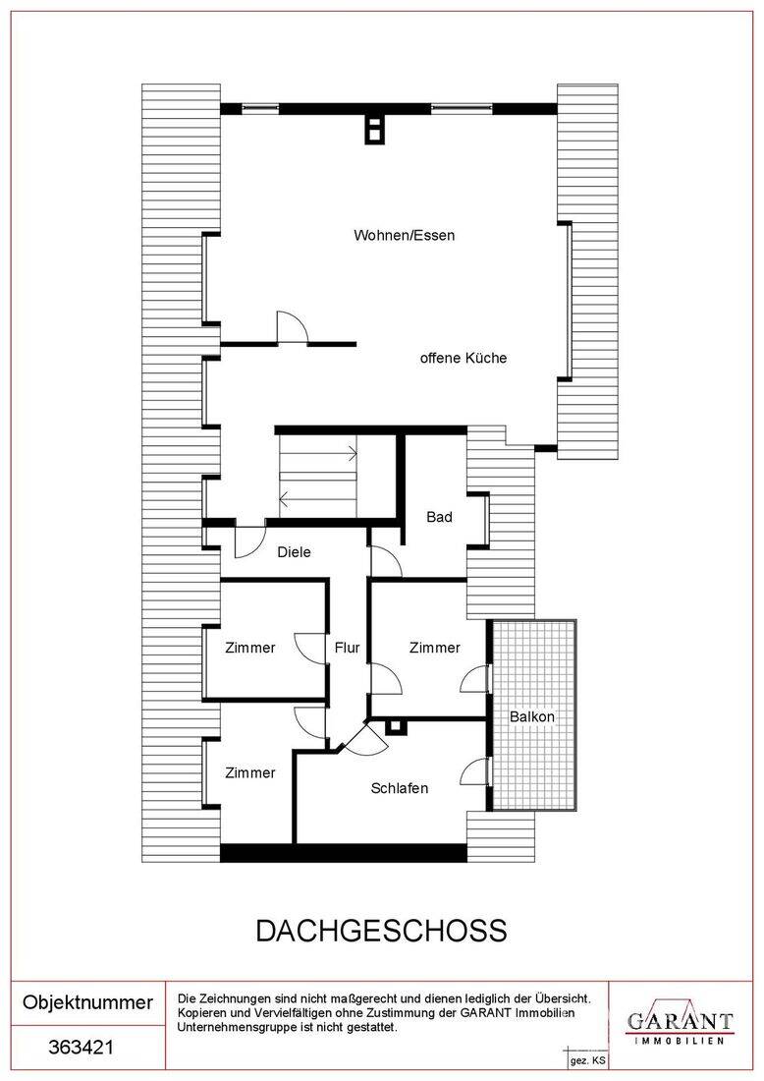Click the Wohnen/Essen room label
pyautogui.click(x=405, y=236)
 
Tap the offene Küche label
pyautogui.click(x=463, y=358)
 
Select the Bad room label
pyautogui.click(x=440, y=517)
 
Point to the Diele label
pyautogui.click(x=295, y=552)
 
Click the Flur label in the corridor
pyautogui.click(x=348, y=648)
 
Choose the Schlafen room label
pyautogui.click(x=400, y=788)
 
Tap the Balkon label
pyautogui.click(x=532, y=717)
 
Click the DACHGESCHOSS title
pyautogui.click(x=382, y=931)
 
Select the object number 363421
pyautogui.click(x=82, y=1048)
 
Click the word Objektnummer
pyautogui.click(x=87, y=1001)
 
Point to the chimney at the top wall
pyautogui.click(x=375, y=129)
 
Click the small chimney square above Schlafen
pyautogui.click(x=396, y=726)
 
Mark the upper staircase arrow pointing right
pyautogui.click(x=318, y=454)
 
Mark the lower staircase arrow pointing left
pyautogui.click(x=318, y=497)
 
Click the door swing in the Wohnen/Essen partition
pyautogui.click(x=292, y=327)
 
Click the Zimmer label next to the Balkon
pyautogui.click(x=435, y=648)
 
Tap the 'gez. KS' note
pyautogui.click(x=587, y=1060)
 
